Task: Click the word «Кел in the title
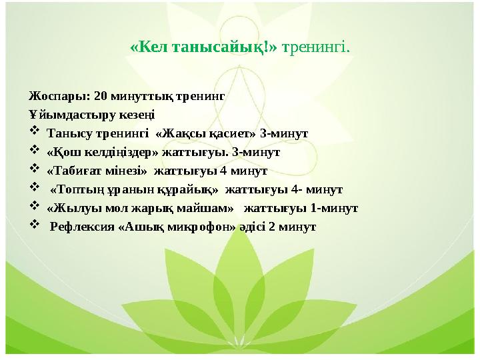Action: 149,48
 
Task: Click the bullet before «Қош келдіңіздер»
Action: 35,151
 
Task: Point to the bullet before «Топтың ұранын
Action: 35,189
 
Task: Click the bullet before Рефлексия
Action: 35,227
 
